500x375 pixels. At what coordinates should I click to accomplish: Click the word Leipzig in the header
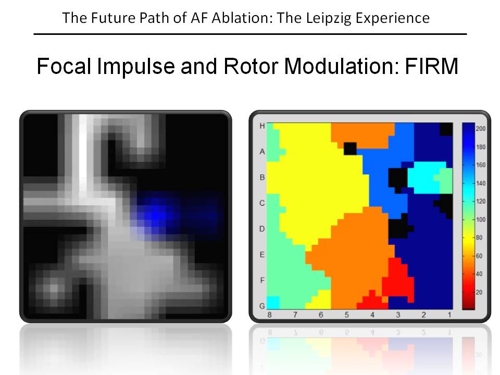coord(329,18)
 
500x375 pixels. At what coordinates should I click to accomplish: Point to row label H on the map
coord(262,126)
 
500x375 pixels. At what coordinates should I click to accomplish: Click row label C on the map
coord(262,203)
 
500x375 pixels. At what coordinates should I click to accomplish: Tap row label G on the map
coord(262,306)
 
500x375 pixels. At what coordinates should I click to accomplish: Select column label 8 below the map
coord(270,315)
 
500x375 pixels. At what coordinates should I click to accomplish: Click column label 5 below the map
coord(347,315)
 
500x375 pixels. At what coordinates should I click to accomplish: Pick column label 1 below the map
coord(449,315)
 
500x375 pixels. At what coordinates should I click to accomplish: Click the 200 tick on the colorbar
coord(481,129)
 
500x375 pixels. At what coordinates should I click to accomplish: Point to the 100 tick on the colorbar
coord(481,219)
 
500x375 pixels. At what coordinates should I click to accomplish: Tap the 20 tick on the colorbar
coord(479,292)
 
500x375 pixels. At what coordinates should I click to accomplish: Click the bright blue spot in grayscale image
coord(155,215)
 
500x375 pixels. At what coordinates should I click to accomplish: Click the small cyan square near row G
coord(273,303)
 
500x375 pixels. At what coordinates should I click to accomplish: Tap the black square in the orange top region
coord(350,149)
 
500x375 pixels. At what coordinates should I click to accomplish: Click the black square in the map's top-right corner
coord(446,130)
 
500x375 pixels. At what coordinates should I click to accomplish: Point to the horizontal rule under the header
coord(251,34)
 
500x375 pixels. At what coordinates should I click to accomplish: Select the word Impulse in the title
coord(136,67)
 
